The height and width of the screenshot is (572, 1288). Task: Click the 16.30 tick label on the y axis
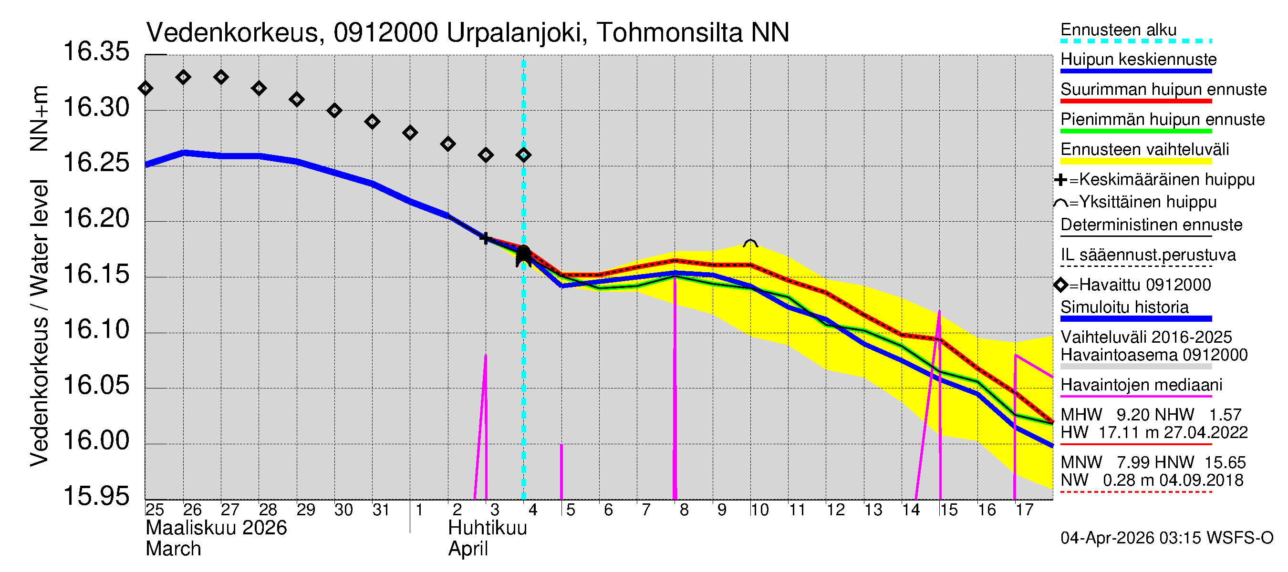point(96,108)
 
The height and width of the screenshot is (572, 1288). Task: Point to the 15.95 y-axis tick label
point(96,496)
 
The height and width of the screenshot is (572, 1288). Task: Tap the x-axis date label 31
point(381,510)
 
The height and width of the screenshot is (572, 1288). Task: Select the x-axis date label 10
point(759,510)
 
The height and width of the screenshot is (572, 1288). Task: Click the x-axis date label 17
point(1024,510)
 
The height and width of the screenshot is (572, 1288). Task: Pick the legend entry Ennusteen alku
point(1119,30)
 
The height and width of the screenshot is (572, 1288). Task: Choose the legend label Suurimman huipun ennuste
point(1163,90)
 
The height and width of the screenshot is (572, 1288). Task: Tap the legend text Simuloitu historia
point(1124,307)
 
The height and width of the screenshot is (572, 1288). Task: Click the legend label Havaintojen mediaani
point(1141,385)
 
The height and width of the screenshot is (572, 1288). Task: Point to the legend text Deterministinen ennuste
point(1151,225)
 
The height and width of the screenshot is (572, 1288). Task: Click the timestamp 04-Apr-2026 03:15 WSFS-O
point(1166,538)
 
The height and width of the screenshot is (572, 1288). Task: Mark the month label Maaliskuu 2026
point(216,528)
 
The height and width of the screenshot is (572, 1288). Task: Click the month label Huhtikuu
point(487,528)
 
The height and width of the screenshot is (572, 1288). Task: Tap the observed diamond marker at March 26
point(183,77)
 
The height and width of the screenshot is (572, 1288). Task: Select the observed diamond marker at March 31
point(372,122)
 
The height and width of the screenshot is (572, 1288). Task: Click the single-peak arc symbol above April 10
point(750,243)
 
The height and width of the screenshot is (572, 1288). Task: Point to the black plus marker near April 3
point(485,238)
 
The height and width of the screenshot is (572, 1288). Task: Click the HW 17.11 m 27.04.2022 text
point(1153,433)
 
